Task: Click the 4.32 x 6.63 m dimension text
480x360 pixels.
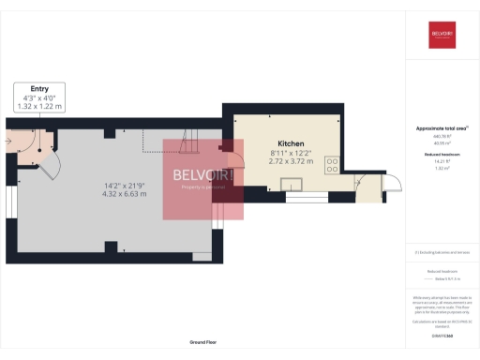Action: point(125,194)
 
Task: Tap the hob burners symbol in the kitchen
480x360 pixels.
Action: point(332,165)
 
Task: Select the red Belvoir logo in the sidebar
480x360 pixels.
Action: point(442,35)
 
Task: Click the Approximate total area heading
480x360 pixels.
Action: point(441,127)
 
